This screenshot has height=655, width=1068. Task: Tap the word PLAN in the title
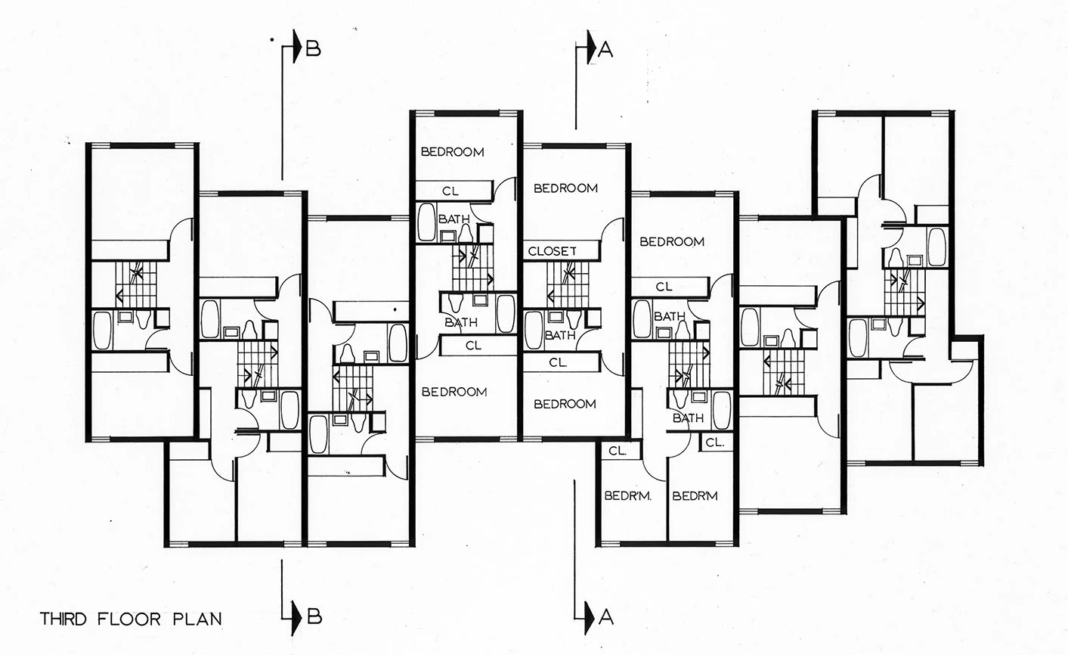click(x=200, y=619)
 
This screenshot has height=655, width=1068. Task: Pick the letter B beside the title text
click(x=314, y=615)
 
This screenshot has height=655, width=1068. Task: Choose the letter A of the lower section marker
click(x=605, y=618)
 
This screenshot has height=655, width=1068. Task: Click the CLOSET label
click(x=553, y=250)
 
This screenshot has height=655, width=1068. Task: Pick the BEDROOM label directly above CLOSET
click(x=566, y=188)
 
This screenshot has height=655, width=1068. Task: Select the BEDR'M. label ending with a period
click(x=628, y=496)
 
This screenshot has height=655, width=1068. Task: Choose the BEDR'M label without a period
click(x=695, y=496)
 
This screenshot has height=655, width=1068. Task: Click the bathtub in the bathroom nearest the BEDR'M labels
click(x=722, y=409)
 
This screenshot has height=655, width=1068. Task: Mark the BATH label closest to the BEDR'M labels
click(x=688, y=418)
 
